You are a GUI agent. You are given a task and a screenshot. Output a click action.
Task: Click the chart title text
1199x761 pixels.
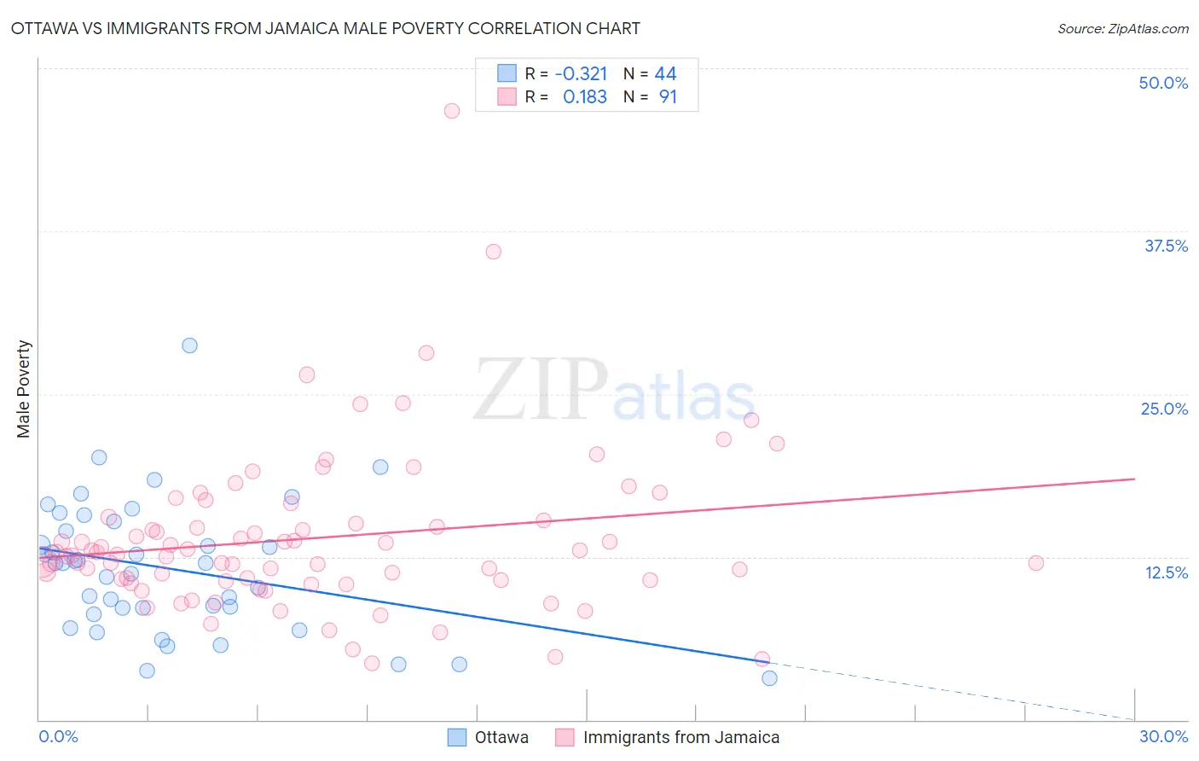(325, 28)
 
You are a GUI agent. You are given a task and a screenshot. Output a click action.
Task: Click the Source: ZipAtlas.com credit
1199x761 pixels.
(1122, 28)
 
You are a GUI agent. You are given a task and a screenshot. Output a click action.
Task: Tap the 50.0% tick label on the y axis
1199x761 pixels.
(1163, 83)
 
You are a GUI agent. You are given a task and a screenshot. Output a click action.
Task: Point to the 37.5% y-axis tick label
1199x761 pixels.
(1166, 246)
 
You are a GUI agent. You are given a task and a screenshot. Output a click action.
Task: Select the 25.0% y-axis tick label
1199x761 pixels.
(1164, 409)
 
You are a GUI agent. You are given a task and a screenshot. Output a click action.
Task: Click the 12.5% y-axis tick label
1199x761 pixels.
(1166, 572)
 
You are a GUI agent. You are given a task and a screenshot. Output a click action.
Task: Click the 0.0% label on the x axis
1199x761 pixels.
(58, 736)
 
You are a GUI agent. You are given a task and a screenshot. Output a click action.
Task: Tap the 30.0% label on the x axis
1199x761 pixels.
(1163, 736)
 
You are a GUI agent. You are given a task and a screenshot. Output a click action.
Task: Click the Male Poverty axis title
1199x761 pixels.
(24, 389)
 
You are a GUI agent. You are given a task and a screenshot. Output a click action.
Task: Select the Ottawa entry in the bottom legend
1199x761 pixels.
(501, 737)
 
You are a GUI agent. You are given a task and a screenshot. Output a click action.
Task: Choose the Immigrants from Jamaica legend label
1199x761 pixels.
(681, 737)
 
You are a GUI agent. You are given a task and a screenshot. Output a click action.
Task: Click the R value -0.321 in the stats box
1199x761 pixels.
(581, 74)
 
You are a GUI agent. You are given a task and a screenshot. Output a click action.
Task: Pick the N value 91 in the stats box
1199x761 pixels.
(668, 97)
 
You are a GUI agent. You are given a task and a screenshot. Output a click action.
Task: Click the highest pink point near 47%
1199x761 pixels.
(452, 111)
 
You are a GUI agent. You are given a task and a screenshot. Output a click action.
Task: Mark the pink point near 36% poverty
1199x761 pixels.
(493, 252)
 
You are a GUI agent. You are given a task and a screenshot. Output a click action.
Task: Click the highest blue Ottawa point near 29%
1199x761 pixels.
(189, 346)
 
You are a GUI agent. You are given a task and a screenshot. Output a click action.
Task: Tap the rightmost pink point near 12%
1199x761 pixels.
(1036, 563)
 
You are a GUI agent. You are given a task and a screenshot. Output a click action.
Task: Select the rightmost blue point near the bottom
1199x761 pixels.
(769, 678)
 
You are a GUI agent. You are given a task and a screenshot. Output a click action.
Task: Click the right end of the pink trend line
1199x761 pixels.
(1134, 479)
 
